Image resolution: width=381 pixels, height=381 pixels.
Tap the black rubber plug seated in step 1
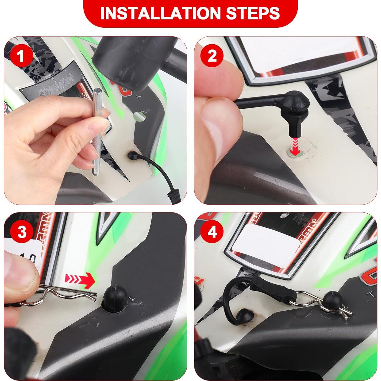[x=133, y=156]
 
